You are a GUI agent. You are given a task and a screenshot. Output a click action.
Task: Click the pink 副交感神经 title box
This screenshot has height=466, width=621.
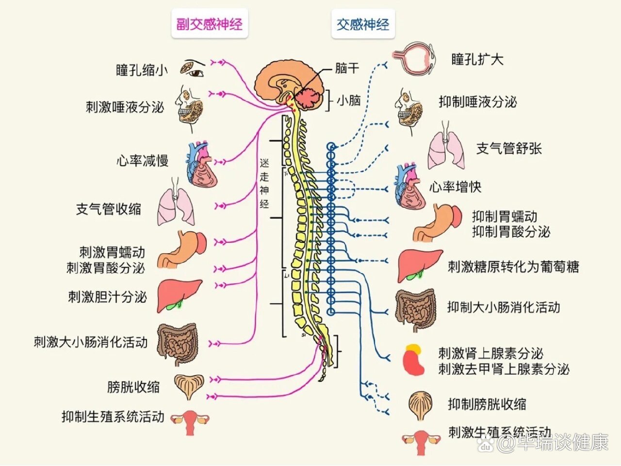click(x=210, y=24)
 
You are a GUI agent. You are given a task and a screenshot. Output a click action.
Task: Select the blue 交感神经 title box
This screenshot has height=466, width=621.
click(x=363, y=24)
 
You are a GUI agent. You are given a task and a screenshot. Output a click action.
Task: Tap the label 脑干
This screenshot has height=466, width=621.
click(x=347, y=68)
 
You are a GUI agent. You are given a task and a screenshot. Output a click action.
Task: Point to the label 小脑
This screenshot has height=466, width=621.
click(x=349, y=100)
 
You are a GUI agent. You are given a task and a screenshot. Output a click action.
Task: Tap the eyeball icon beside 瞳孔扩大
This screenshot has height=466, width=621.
click(x=413, y=59)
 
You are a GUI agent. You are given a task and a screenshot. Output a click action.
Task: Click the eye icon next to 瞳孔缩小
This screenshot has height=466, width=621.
click(x=193, y=68)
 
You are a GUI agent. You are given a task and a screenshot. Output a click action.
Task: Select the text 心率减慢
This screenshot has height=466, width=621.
click(x=142, y=161)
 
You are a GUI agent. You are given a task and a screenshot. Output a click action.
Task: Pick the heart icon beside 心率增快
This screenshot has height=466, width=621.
click(x=410, y=188)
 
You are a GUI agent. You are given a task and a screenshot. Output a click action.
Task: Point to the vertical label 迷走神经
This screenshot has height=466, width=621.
click(x=264, y=183)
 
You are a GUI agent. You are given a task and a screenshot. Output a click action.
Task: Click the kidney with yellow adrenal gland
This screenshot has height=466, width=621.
click(x=414, y=360)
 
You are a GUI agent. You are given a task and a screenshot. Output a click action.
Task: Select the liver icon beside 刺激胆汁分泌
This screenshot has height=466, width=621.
click(x=178, y=295)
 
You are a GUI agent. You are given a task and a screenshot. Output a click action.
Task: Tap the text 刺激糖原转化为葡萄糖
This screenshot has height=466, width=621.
click(x=513, y=266)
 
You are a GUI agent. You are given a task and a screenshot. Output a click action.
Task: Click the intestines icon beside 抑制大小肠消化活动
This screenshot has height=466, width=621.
click(x=415, y=309)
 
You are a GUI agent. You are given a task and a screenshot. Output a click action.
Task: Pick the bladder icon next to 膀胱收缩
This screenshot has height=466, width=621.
click(x=189, y=386)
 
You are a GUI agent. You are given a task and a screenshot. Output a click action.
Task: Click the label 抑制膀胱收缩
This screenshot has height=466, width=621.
click(x=487, y=404)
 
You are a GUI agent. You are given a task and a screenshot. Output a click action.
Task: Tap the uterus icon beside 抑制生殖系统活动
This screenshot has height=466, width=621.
click(x=190, y=421)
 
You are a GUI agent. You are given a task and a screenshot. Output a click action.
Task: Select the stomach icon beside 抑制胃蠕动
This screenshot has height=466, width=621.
click(x=438, y=223)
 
